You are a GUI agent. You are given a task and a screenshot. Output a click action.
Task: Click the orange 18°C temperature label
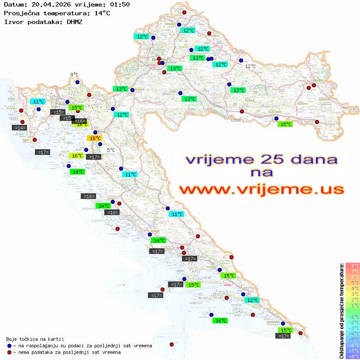pos(95,138)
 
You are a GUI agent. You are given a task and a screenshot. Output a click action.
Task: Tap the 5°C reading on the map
pos(111,150)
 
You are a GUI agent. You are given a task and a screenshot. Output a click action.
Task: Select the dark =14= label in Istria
pos(20,128)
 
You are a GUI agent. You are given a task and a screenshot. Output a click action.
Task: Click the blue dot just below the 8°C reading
pos(77,82)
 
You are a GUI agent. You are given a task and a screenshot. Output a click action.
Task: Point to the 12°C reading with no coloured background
pos(250,66)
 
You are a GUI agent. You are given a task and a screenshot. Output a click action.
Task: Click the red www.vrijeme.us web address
pos(261,190)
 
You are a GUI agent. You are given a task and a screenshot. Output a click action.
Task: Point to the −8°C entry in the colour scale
pos(353,356)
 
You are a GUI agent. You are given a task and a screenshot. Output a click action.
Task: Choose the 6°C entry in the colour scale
pos(353,277)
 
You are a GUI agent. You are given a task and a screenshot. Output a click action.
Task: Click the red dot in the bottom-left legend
pos(9,352)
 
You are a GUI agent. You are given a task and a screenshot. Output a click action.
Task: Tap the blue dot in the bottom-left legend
pos(9,346)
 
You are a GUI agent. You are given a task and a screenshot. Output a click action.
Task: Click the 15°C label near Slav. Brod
pos(285,124)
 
